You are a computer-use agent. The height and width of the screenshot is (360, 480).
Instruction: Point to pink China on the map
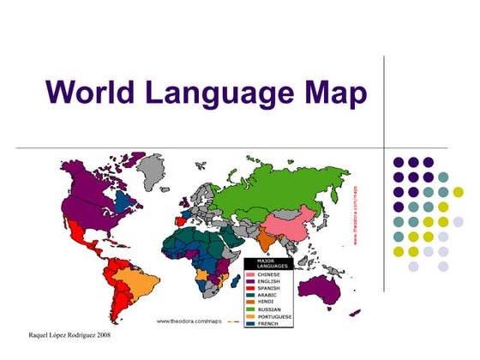click(x=284, y=225)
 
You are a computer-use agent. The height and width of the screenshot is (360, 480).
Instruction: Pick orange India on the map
click(x=251, y=239)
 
